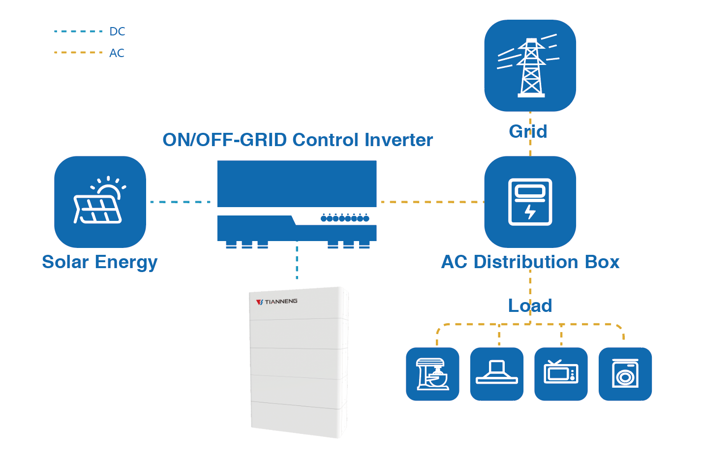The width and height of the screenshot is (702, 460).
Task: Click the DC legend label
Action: click(117, 31)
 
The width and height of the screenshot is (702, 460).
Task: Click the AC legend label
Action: click(117, 53)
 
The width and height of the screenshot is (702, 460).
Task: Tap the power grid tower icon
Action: click(530, 66)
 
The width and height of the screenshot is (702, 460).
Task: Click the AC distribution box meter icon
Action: click(530, 202)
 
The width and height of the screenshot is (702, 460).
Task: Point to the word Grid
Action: click(528, 131)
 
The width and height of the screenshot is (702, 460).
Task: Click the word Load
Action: click(530, 306)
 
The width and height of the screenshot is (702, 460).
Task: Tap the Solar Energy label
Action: click(99, 262)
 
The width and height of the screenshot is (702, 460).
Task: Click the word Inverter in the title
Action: click(398, 140)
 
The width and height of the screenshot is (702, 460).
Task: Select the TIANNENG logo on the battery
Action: click(277, 301)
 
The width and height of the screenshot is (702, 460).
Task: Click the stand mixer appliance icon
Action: click(432, 374)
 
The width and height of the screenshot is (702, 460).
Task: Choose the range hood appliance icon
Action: click(497, 374)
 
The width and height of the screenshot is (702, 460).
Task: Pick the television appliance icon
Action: click(561, 374)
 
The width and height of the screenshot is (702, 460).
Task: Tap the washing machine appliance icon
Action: click(625, 374)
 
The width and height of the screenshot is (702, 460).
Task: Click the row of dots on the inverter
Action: click(345, 218)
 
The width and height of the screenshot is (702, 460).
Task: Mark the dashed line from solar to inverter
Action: click(180, 202)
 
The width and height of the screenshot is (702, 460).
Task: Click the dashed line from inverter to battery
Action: click(297, 261)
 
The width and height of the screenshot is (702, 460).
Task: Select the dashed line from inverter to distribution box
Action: click(430, 202)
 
